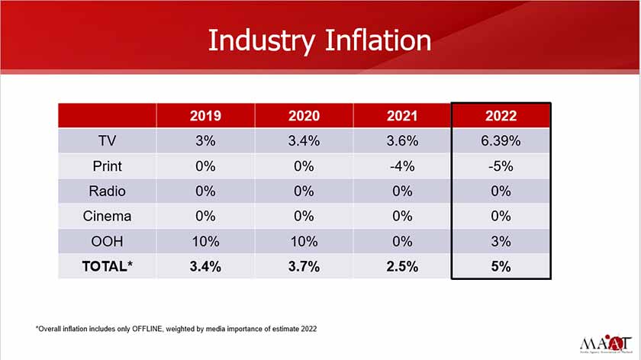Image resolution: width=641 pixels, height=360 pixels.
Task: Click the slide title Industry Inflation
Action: pyautogui.click(x=320, y=40)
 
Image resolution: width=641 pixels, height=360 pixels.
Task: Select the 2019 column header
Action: pyautogui.click(x=205, y=116)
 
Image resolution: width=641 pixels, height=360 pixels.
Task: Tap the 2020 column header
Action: pyautogui.click(x=304, y=116)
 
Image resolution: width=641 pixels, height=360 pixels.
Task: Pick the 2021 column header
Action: pyautogui.click(x=401, y=116)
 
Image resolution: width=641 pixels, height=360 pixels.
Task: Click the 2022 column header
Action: pyautogui.click(x=501, y=116)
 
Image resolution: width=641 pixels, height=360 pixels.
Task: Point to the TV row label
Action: pyautogui.click(x=107, y=141)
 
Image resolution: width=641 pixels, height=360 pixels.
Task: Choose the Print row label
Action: pyautogui.click(x=107, y=166)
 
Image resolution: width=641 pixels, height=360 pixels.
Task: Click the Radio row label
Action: pyautogui.click(x=107, y=191)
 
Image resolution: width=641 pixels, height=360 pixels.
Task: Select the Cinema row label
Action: pyautogui.click(x=107, y=216)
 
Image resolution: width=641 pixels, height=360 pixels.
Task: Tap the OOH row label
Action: pyautogui.click(x=107, y=241)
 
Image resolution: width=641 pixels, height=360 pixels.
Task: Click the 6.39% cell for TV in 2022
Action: pyautogui.click(x=501, y=141)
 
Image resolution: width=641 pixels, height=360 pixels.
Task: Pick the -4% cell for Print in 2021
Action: pyautogui.click(x=401, y=166)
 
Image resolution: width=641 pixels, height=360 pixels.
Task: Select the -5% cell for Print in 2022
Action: pyautogui.click(x=501, y=166)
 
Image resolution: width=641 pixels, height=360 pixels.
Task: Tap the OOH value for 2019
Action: pyautogui.click(x=205, y=241)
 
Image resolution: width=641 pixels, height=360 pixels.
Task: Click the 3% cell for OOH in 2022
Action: pyautogui.click(x=501, y=241)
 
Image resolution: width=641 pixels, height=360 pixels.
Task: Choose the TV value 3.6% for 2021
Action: pyautogui.click(x=401, y=141)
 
